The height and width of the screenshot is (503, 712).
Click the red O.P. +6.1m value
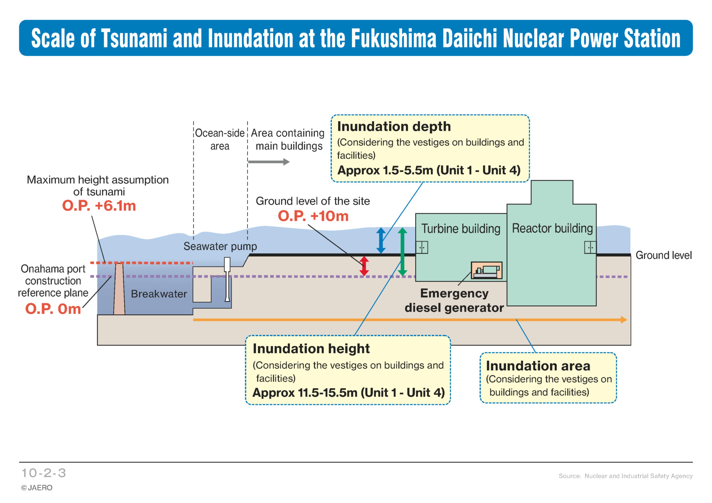coord(99,206)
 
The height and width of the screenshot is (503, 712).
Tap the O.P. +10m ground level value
coord(313,216)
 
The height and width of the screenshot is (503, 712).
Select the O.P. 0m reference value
coord(53,309)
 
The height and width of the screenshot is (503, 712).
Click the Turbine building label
coord(461,229)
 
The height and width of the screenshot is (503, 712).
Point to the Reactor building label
coord(552,228)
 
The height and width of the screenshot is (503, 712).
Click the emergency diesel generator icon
coord(487,270)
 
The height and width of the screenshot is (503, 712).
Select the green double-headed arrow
coord(402,252)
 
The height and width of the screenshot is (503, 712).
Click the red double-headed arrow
coord(364,266)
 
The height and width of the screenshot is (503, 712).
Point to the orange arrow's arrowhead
coord(624,320)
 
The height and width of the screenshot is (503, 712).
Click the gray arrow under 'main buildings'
coord(269,162)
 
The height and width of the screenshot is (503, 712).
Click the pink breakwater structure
coord(119,289)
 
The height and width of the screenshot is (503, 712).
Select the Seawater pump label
coord(220,246)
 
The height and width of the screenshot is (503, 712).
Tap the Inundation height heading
coord(311,349)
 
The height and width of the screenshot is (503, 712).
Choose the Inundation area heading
coord(538,366)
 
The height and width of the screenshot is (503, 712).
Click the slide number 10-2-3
coord(44,473)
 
